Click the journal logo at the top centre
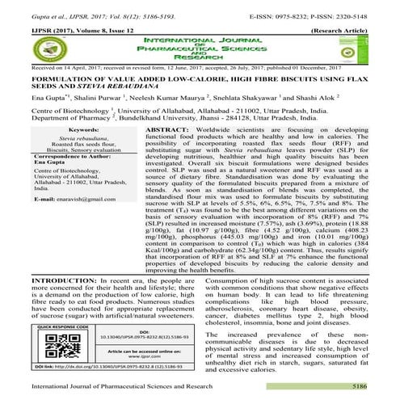(x=200, y=45)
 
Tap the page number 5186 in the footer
(x=378, y=388)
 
